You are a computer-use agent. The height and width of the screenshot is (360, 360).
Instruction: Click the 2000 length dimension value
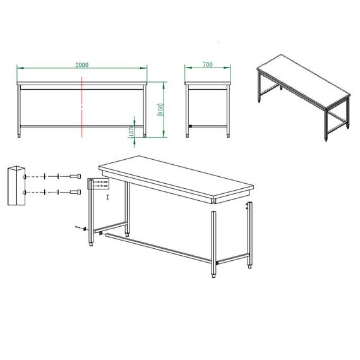(81, 65)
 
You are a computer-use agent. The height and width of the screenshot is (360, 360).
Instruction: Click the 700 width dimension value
(208, 65)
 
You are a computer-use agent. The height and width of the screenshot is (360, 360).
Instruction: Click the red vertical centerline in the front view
(82, 107)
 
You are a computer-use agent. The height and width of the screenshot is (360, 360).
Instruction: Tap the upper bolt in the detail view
(75, 176)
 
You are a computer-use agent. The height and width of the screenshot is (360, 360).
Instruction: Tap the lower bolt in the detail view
(75, 191)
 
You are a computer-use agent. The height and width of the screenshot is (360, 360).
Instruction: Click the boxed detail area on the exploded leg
(99, 184)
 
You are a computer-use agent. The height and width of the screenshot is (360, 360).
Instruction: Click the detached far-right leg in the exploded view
(249, 234)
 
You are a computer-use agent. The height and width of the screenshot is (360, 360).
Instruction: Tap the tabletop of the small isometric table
(303, 82)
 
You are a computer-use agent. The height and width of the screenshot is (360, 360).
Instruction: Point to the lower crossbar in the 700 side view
(208, 126)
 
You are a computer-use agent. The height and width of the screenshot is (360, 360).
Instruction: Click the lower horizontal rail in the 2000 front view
(82, 126)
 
